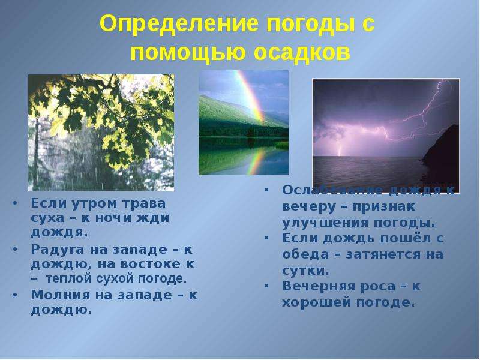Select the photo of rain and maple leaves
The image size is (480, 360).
(101, 133)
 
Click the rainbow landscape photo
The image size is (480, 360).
(244, 122)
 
